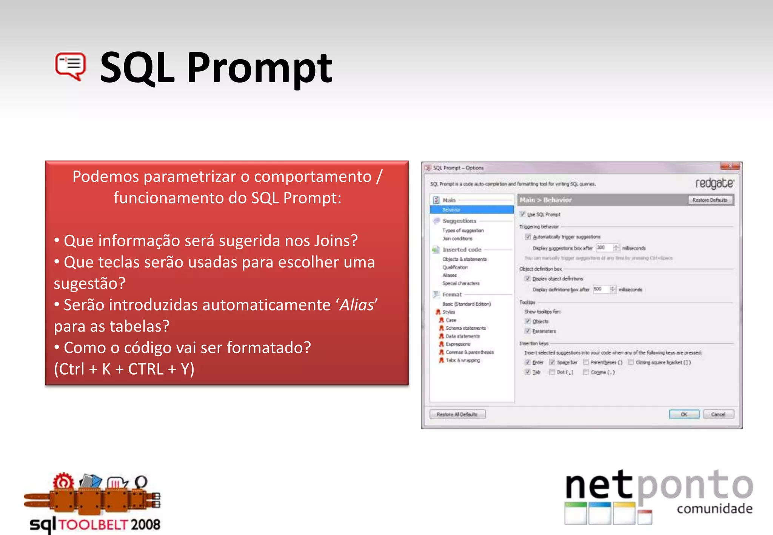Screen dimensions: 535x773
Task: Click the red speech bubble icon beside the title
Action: pos(71,66)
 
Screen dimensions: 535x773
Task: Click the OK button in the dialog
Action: pos(684,414)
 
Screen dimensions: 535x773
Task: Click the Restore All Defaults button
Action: pos(457,414)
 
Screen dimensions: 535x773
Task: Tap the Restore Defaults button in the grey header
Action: pos(710,200)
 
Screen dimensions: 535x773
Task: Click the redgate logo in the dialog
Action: pos(714,183)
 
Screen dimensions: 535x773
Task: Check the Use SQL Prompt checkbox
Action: pos(523,214)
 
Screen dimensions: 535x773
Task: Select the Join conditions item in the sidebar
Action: pos(457,238)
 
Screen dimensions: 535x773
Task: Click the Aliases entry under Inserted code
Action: pos(450,275)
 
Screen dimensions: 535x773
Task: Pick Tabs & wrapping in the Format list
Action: pos(463,360)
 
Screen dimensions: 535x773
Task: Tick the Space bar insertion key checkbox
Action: pos(552,362)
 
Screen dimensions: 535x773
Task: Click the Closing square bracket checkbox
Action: pos(631,362)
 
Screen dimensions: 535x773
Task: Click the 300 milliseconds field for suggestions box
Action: pos(603,248)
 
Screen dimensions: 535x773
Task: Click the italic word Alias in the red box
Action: pos(356,305)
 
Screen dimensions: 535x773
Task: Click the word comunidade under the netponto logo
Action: pos(714,509)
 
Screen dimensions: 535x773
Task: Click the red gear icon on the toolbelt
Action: pos(63,481)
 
